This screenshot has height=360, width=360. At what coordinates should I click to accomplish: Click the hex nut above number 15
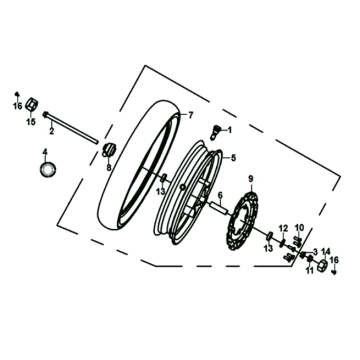32,104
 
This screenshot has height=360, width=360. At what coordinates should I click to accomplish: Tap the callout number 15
31,122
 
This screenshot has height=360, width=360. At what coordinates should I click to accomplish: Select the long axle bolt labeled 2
71,128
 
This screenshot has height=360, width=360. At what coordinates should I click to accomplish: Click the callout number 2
51,131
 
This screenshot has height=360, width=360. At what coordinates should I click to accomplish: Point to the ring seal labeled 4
48,169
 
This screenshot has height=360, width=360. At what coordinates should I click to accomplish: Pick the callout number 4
45,152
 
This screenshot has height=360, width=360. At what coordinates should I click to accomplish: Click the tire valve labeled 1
216,132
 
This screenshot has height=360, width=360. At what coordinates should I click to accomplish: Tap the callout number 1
229,130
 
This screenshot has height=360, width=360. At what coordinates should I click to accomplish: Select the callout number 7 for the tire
190,115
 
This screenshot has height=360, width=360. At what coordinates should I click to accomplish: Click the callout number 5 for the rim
233,158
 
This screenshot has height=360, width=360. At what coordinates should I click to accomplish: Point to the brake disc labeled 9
243,221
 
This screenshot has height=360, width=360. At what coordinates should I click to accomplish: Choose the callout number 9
251,179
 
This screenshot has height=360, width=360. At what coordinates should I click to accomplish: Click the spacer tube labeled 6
219,209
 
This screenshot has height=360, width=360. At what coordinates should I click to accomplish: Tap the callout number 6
220,195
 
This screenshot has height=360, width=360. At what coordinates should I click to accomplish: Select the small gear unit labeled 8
108,149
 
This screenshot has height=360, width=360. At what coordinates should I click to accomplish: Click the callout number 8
109,168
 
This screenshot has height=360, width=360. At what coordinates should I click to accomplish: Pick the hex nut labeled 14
322,265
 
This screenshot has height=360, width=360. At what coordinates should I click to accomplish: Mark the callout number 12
283,228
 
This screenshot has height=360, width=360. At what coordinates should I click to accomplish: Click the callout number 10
299,228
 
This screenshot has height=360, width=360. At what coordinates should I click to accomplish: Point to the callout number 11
310,271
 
